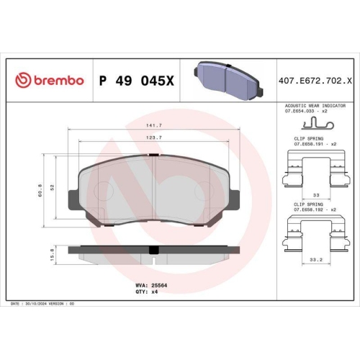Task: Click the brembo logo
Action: point(50,80)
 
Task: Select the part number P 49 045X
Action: point(136,80)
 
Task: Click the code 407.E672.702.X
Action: point(314,80)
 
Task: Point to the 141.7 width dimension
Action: point(153,125)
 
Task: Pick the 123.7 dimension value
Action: point(153,137)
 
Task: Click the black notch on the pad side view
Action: point(153,250)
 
